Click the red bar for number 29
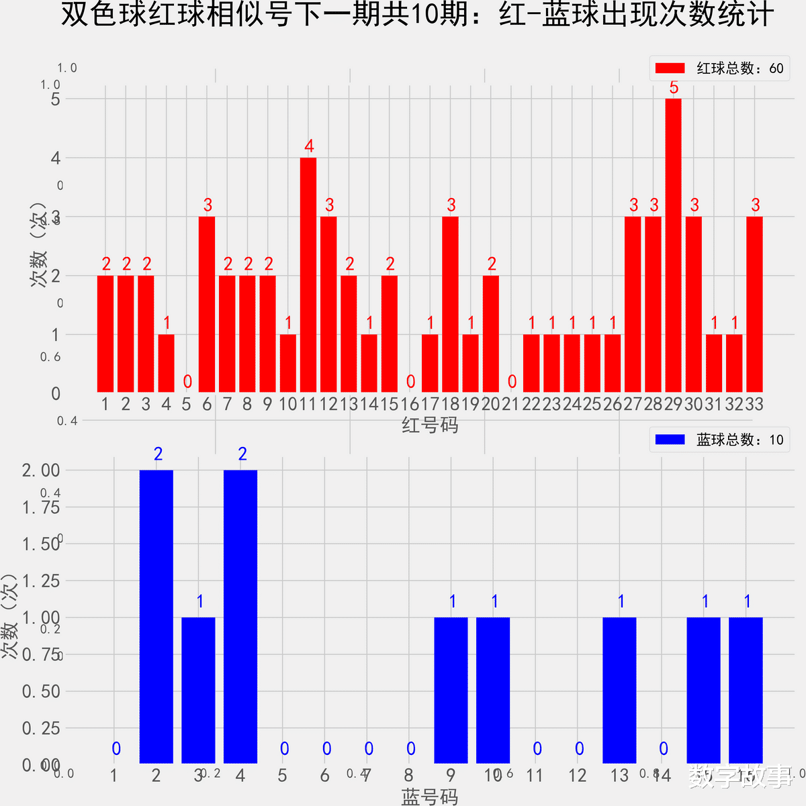[673, 246]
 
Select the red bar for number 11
[308, 275]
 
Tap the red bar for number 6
[207, 305]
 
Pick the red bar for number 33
[754, 305]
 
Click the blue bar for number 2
[156, 617]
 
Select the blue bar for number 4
[240, 617]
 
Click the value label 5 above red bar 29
[674, 88]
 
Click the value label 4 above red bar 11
[309, 146]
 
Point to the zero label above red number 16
[410, 382]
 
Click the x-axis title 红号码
[430, 425]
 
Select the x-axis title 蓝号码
[430, 796]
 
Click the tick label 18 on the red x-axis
[450, 404]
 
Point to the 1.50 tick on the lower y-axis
[41, 544]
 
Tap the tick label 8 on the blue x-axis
[408, 776]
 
